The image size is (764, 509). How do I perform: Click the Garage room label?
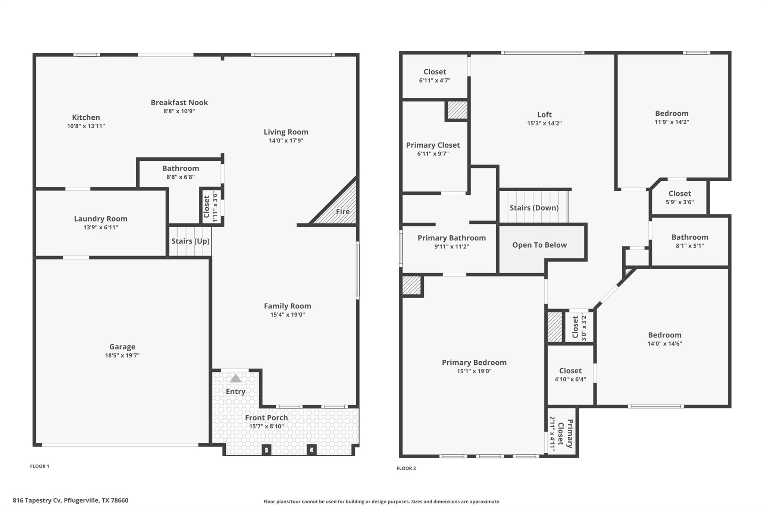[x=122, y=347]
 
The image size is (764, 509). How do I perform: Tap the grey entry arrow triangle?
[x=235, y=379]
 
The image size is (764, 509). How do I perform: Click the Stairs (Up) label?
[x=190, y=241]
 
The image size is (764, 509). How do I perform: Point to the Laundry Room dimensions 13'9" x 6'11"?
[x=101, y=227]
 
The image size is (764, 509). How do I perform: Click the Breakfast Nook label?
[x=179, y=103]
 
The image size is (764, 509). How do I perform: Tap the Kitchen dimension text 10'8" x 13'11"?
[x=86, y=126]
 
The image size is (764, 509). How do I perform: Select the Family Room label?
[x=287, y=306]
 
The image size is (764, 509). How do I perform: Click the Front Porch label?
[x=266, y=418]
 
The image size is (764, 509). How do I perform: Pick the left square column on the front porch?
[x=266, y=450]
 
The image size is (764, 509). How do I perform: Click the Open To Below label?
[x=539, y=245]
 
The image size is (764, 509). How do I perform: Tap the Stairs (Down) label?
[x=534, y=208]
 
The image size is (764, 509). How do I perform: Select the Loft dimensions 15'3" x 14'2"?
[x=544, y=123]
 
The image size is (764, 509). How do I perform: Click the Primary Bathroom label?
[x=451, y=238]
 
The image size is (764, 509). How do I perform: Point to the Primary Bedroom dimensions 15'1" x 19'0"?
[x=474, y=371]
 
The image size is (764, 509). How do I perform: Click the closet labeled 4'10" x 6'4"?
[x=570, y=374]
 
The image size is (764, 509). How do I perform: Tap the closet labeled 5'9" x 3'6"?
[x=679, y=197]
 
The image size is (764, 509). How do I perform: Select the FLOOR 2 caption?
[x=406, y=468]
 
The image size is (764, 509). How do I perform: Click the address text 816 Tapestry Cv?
[x=37, y=500]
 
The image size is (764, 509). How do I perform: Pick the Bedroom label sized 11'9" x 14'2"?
[x=671, y=113]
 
